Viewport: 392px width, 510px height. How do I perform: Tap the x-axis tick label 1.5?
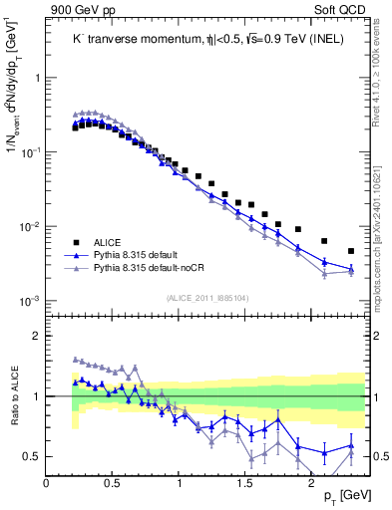[x=245, y=481]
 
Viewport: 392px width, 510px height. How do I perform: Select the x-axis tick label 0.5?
[x=113, y=481]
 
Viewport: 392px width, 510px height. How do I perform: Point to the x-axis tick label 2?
[x=311, y=481]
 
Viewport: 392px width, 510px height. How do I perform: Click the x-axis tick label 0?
[x=47, y=481]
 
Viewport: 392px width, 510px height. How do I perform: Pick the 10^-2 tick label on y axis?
[x=28, y=227]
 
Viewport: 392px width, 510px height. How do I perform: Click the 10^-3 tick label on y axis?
[x=28, y=301]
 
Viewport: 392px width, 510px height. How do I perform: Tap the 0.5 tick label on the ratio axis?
[x=31, y=456]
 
